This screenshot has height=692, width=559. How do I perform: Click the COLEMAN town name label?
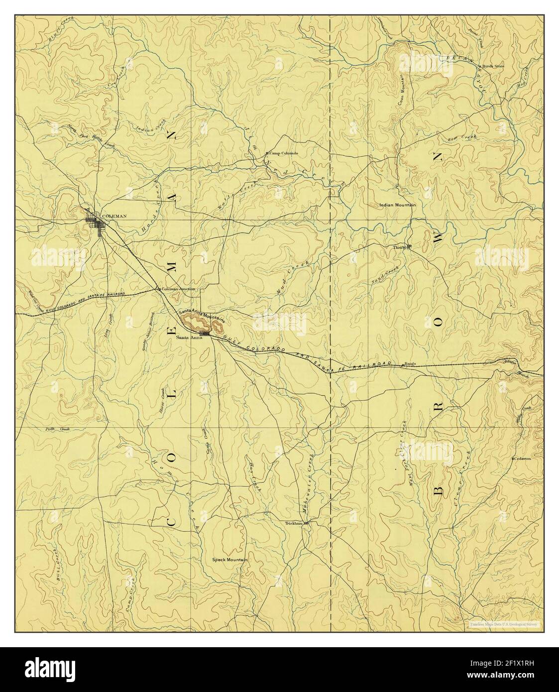tap(114, 216)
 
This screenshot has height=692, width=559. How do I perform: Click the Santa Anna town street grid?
tap(204, 334)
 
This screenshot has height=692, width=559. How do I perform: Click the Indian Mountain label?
tap(397, 205)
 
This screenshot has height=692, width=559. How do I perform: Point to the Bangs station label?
tap(410, 364)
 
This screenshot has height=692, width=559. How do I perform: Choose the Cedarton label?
tap(522, 459)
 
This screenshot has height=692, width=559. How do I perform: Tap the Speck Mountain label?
tap(229, 560)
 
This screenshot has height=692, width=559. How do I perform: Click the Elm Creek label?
tap(462, 138)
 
